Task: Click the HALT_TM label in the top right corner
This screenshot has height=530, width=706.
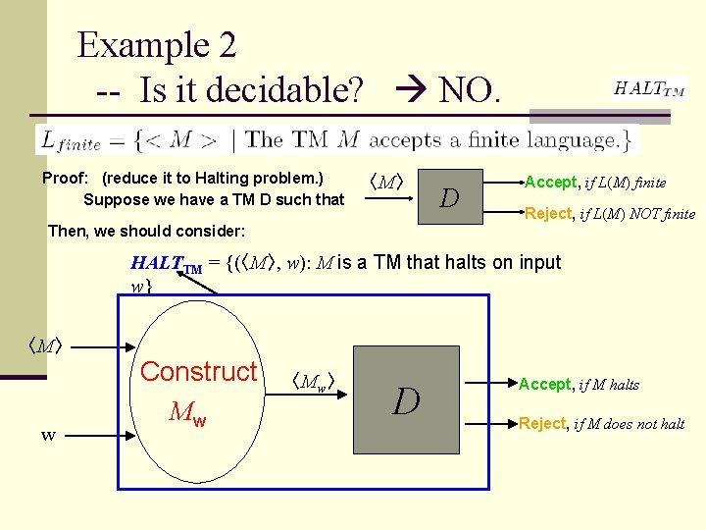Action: pyautogui.click(x=649, y=88)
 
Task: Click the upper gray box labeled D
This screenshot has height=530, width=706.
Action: pyautogui.click(x=449, y=198)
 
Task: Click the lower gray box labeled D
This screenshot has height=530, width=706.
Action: pyautogui.click(x=406, y=400)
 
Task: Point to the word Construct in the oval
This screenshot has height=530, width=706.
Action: pyautogui.click(x=198, y=372)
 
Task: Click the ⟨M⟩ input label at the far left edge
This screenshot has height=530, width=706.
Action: pyautogui.click(x=44, y=345)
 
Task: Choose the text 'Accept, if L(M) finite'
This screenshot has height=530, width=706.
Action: pyautogui.click(x=595, y=183)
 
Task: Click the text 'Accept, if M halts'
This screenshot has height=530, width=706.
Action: pyautogui.click(x=579, y=385)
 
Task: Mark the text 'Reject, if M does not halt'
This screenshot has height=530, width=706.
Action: pyautogui.click(x=601, y=424)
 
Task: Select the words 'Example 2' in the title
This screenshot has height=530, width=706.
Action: pyautogui.click(x=157, y=45)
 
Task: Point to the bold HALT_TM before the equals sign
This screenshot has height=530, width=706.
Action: pyautogui.click(x=167, y=264)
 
